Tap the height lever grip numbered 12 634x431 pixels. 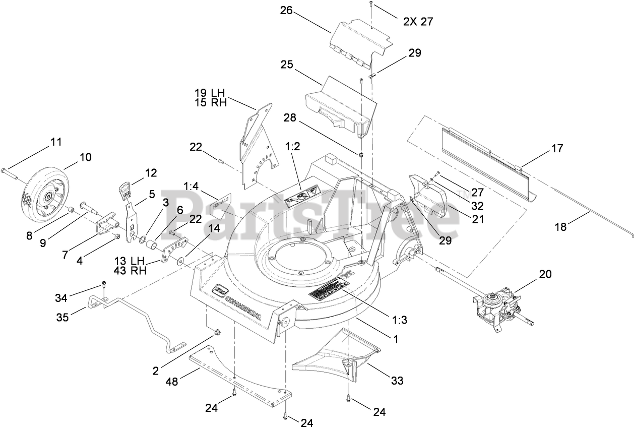[125, 191]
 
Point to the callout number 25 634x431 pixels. [287, 65]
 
